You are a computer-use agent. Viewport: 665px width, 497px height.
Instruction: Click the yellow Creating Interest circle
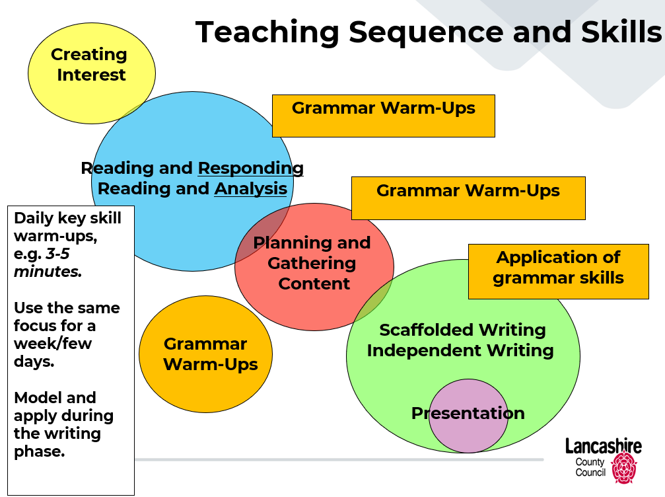pyautogui.click(x=92, y=73)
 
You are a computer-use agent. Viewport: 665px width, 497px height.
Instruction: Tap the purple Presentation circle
pyautogui.click(x=468, y=416)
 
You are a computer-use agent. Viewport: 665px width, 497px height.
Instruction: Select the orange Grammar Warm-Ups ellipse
pyautogui.click(x=205, y=354)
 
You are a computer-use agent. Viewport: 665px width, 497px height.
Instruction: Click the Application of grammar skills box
pyautogui.click(x=559, y=272)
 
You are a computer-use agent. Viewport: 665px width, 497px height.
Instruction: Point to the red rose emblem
pyautogui.click(x=624, y=467)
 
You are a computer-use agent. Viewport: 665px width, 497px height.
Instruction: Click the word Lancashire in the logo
pyautogui.click(x=604, y=447)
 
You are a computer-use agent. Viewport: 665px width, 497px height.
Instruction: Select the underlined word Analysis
pyautogui.click(x=251, y=189)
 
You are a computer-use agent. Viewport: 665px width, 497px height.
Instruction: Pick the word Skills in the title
pyautogui.click(x=621, y=32)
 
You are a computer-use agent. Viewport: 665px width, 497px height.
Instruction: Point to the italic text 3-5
pyautogui.click(x=57, y=254)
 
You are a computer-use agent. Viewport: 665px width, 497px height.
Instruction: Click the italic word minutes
pyautogui.click(x=48, y=272)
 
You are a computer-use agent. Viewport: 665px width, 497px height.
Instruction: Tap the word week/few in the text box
pyautogui.click(x=53, y=344)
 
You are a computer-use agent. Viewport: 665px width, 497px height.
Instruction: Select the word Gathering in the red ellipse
pyautogui.click(x=312, y=264)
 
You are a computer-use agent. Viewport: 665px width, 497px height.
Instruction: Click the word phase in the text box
pyautogui.click(x=40, y=451)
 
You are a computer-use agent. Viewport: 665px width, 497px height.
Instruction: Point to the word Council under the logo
pyautogui.click(x=590, y=473)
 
